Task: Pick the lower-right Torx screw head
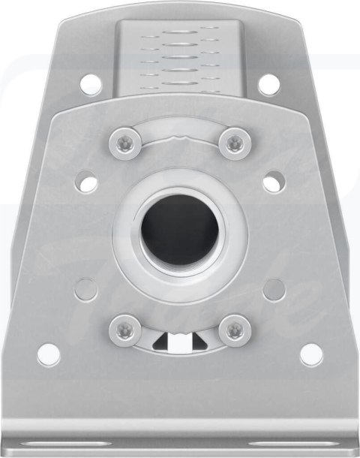[235, 328]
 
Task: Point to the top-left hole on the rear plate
[89, 83]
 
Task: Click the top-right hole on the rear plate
[268, 83]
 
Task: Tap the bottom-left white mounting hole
[49, 354]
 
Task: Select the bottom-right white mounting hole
[310, 354]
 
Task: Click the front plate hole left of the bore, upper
[88, 181]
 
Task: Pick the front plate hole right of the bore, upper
[273, 181]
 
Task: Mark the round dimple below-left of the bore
[86, 289]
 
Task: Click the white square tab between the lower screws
[180, 342]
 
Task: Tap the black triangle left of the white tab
[160, 343]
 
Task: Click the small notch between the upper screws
[180, 138]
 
